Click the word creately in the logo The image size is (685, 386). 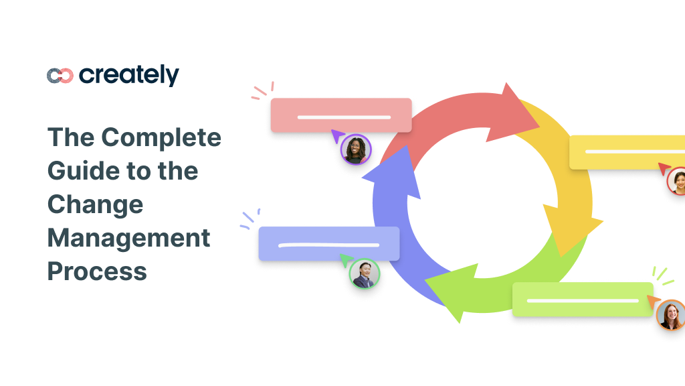[129, 75]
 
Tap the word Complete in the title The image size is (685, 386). [161, 137]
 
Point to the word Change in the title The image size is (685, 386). [95, 204]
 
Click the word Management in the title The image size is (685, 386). [128, 238]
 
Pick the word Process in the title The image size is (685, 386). [97, 271]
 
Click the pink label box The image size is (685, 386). [341, 115]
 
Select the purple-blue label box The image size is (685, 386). [328, 244]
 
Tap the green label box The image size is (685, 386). [582, 300]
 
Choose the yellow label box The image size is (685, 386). [626, 151]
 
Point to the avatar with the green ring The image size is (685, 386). [365, 273]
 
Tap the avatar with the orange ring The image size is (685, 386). [670, 314]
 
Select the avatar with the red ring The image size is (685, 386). [677, 181]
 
